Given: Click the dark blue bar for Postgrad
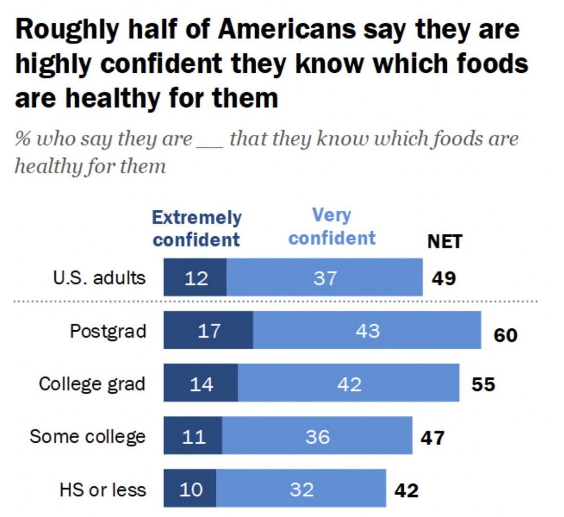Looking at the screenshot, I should (x=208, y=330).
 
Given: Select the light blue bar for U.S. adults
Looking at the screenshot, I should (x=325, y=277).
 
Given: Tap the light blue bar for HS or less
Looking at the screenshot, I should (x=301, y=489).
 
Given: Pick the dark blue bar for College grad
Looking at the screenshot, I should (x=200, y=383).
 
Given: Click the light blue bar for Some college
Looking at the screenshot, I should (x=317, y=436).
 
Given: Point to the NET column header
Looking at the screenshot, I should (x=445, y=241).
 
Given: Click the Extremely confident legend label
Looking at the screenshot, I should (x=197, y=228).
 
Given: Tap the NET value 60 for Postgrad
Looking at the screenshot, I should (x=505, y=335).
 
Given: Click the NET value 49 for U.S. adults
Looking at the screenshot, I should (x=444, y=278).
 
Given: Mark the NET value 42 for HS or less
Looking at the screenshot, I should (x=406, y=491).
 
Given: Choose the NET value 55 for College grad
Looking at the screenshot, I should (x=483, y=385).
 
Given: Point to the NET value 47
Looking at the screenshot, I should (x=433, y=438).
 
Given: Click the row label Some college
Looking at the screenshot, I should (x=87, y=436).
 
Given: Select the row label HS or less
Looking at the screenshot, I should (x=103, y=490).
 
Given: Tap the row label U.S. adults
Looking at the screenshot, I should (x=99, y=278).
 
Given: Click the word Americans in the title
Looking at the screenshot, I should (x=286, y=29).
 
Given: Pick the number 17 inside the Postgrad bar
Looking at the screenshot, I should (x=209, y=330).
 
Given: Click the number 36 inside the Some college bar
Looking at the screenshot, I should (x=317, y=436).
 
